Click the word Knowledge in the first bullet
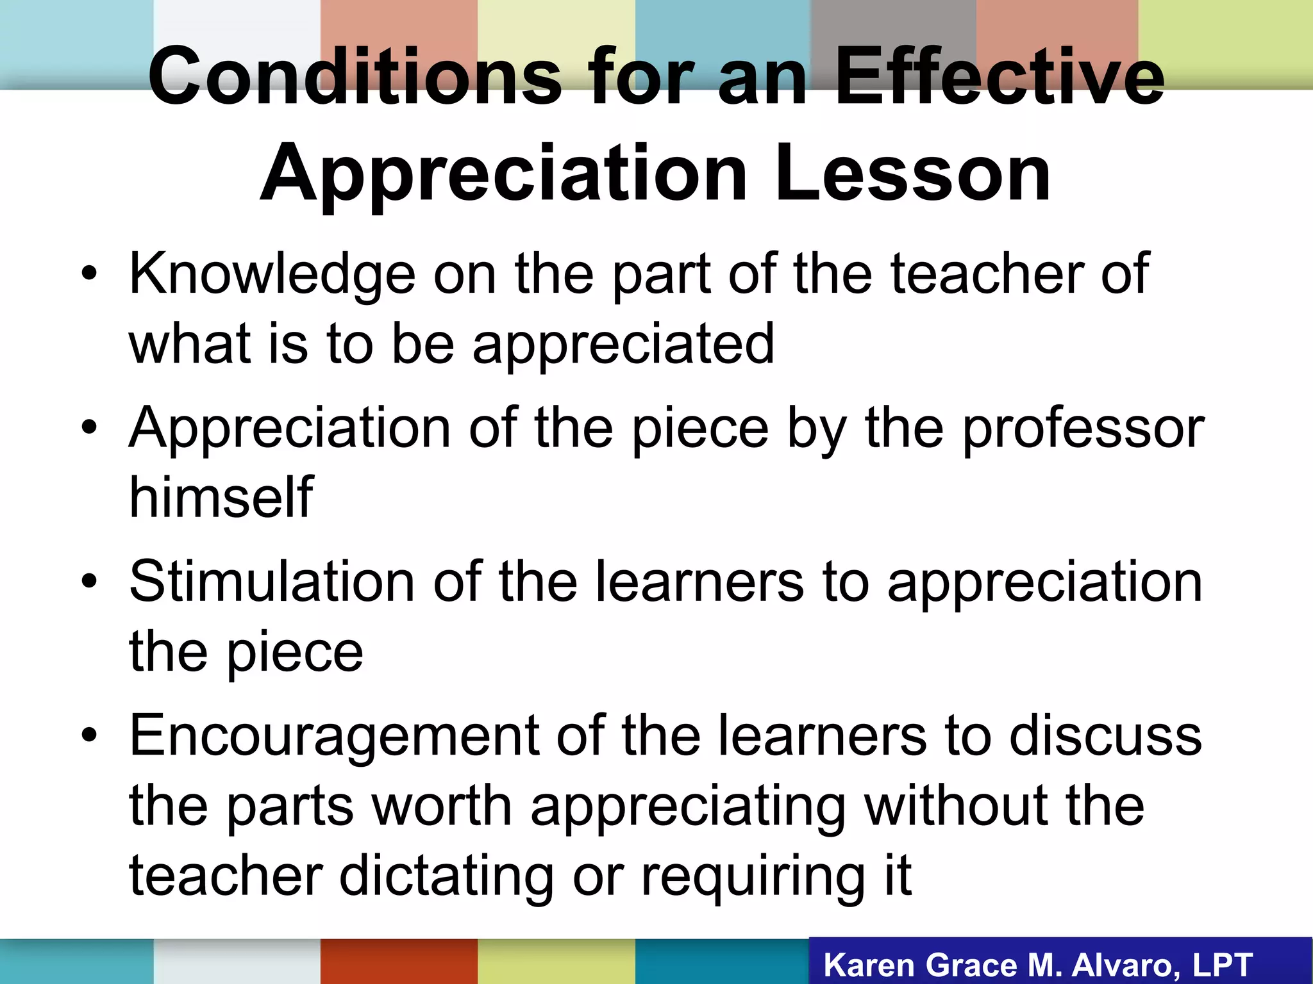click(272, 274)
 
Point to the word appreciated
click(623, 346)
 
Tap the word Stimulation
click(272, 582)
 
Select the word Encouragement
click(334, 735)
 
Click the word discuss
click(1105, 735)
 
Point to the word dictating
click(446, 876)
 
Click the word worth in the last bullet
click(442, 806)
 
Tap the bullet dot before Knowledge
click(89, 274)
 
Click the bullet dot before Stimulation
click(89, 582)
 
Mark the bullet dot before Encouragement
click(89, 735)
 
